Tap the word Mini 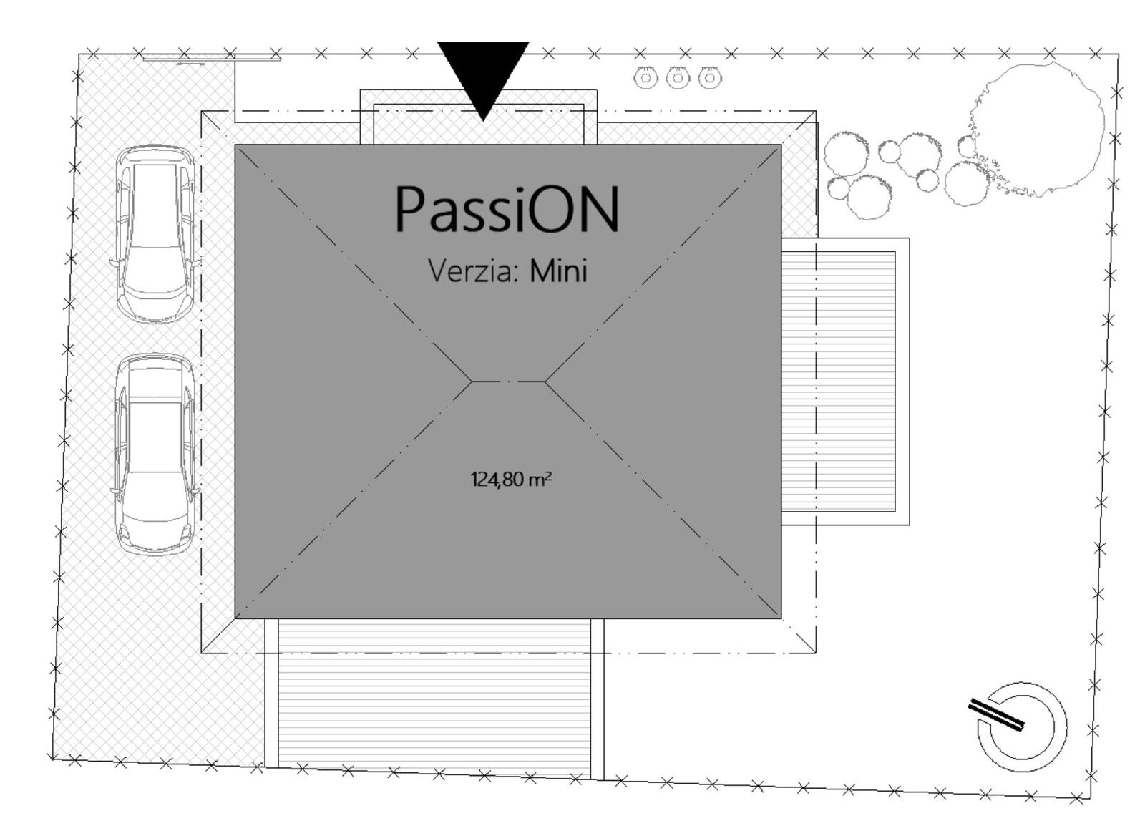tap(558, 270)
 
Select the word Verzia tap(473, 271)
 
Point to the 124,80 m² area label tap(511, 480)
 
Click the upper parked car tap(155, 234)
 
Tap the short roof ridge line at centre tap(508, 382)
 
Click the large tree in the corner tap(1038, 130)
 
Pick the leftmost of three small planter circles tap(645, 78)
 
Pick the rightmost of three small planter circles tap(709, 78)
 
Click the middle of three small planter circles tap(678, 78)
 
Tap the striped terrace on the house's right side tap(839, 382)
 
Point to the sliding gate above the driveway tap(212, 59)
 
